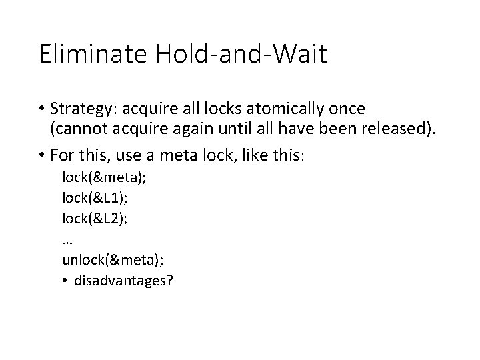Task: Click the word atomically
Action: tap(298, 108)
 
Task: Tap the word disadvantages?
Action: tap(124, 281)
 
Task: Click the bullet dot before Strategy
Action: tap(43, 109)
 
